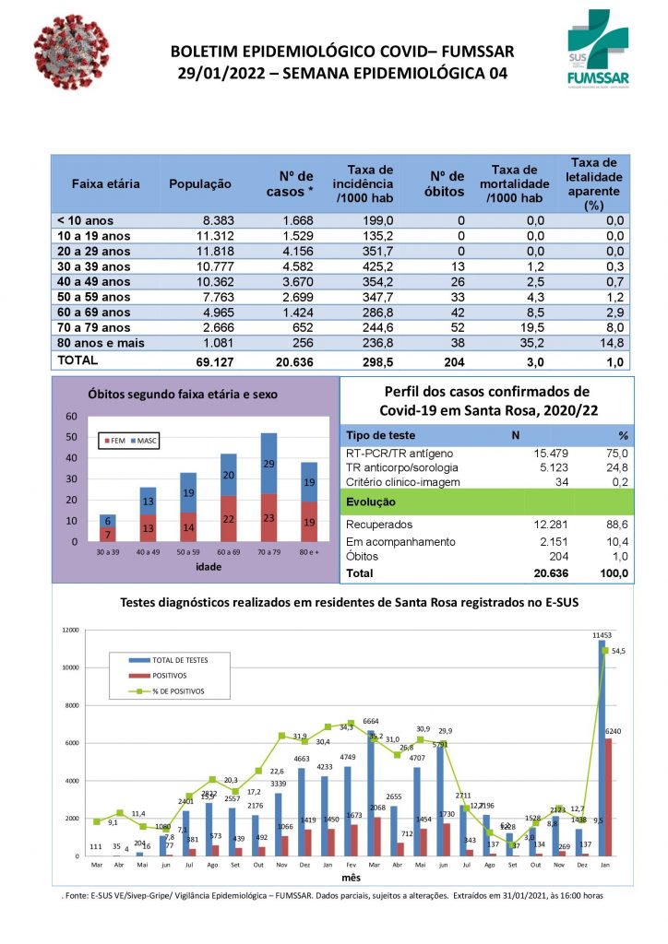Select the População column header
click(200, 183)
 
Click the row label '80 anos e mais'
click(101, 344)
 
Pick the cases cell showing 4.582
click(294, 266)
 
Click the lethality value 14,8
click(613, 344)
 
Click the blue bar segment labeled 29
click(268, 463)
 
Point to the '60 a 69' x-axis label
click(228, 551)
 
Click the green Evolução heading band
click(488, 502)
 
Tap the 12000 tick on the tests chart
click(70, 631)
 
